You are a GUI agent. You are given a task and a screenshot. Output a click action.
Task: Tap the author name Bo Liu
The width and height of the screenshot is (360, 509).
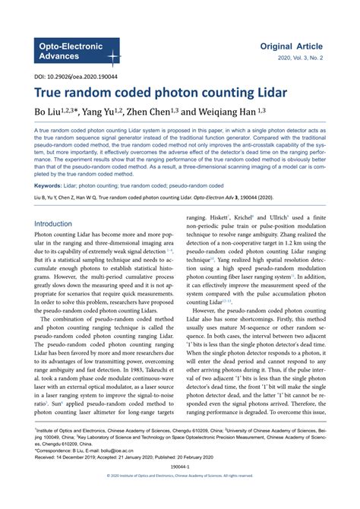[47, 114]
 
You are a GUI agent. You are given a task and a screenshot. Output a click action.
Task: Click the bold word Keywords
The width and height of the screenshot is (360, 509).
[49, 185]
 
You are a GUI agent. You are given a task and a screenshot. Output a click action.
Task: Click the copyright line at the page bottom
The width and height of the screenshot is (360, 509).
[179, 497]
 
